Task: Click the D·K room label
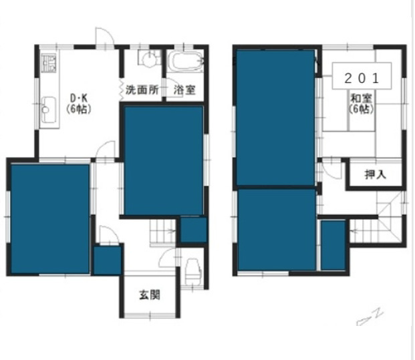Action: click(79, 98)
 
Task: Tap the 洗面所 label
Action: click(142, 90)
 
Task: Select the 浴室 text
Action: click(184, 90)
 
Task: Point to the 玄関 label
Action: click(150, 295)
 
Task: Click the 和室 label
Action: click(362, 98)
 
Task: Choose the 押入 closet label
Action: click(376, 174)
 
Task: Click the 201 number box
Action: click(362, 76)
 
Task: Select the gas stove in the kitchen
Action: click(48, 63)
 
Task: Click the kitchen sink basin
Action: click(48, 110)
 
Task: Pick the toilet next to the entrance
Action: click(193, 269)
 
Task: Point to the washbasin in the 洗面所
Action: click(149, 57)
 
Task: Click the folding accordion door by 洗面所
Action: click(121, 89)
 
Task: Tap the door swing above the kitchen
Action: click(104, 37)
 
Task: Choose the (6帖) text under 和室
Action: click(362, 109)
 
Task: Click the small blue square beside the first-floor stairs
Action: click(194, 230)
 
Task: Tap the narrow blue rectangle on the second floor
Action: click(333, 245)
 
